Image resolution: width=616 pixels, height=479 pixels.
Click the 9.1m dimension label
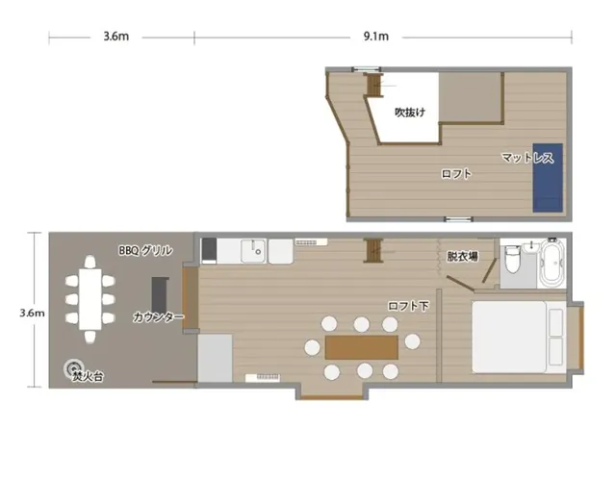(x=376, y=37)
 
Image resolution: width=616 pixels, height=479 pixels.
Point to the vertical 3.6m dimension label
(x=32, y=313)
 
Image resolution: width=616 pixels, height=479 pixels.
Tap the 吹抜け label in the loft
(x=410, y=113)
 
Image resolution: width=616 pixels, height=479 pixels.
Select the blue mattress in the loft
(x=548, y=178)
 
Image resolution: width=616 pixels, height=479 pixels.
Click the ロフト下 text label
(x=408, y=306)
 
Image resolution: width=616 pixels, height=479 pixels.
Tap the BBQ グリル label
(x=145, y=250)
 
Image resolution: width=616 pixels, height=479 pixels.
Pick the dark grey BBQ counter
(x=160, y=294)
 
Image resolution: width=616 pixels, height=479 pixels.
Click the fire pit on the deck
(x=73, y=367)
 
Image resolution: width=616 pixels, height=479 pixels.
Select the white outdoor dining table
(x=90, y=299)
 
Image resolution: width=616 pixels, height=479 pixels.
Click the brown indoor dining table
(x=362, y=347)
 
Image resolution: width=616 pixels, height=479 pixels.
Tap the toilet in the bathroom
(x=512, y=259)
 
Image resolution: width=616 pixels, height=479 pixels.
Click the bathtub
(x=552, y=263)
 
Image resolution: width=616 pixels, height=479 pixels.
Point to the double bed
(x=519, y=337)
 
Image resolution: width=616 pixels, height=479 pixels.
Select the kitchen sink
(x=253, y=251)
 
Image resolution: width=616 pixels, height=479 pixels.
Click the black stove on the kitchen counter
(x=209, y=250)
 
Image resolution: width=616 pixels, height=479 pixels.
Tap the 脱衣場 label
(x=462, y=257)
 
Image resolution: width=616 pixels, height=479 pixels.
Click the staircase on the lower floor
(x=374, y=250)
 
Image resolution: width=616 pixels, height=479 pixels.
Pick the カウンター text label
(x=159, y=316)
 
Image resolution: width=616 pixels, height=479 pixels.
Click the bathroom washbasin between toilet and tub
(x=531, y=247)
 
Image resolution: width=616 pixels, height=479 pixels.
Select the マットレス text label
(x=527, y=158)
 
